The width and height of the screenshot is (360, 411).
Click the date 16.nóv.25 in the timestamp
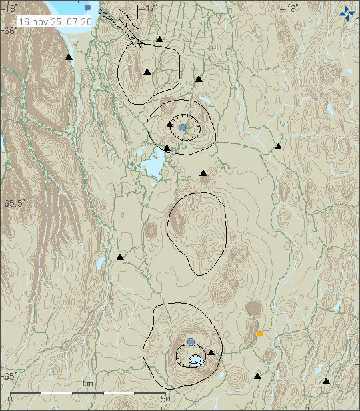pyautogui.click(x=41, y=22)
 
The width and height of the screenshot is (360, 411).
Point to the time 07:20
pyautogui.click(x=79, y=22)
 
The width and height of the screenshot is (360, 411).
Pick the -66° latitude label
pyautogui.click(x=9, y=31)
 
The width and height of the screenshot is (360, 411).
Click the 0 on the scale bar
pyautogui.click(x=9, y=399)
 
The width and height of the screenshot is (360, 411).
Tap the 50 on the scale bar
pyautogui.click(x=166, y=399)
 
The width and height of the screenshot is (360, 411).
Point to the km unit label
pyautogui.click(x=87, y=384)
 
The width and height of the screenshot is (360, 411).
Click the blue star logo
pyautogui.click(x=347, y=12)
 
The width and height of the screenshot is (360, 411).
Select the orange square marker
pyautogui.click(x=259, y=334)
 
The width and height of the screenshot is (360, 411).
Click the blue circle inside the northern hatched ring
pyautogui.click(x=182, y=127)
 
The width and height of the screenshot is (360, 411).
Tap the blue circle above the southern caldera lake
pyautogui.click(x=191, y=342)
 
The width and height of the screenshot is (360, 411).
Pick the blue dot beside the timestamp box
pyautogui.click(x=89, y=7)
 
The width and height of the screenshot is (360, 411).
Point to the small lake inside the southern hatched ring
pyautogui.click(x=195, y=360)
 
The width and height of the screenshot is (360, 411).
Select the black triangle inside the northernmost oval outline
pyautogui.click(x=147, y=71)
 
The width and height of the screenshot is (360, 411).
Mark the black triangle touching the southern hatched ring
pyautogui.click(x=211, y=352)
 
